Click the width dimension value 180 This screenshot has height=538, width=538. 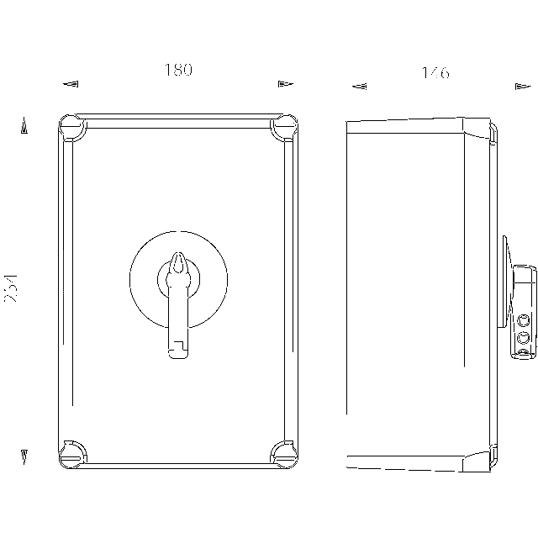pos(178,71)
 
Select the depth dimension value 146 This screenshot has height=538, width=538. pos(435,73)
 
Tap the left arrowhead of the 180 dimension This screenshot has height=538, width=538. pos(71,83)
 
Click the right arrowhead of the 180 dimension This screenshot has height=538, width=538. pos(285,83)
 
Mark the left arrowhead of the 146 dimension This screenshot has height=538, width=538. pos(359,86)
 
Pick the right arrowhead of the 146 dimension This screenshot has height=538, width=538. pos(520,86)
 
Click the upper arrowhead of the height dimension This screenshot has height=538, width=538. pos(25,126)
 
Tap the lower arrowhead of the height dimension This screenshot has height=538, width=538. pos(25,457)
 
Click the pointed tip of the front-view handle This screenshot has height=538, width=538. pos(177,256)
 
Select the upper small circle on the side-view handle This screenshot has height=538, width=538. pos(524,320)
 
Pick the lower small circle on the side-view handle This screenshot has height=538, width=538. pos(524,338)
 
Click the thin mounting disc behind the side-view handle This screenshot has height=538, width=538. pos(504,282)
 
